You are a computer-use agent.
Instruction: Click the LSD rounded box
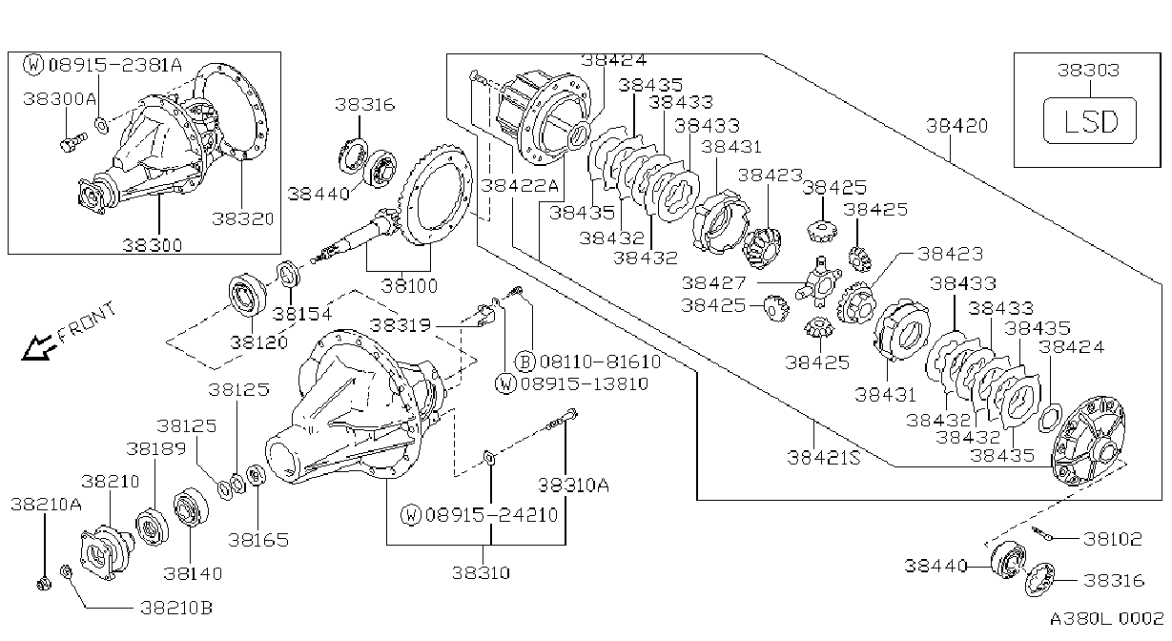1090,120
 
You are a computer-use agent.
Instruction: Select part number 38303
1088,71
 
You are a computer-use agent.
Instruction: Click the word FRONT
86,321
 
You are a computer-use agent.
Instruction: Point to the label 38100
409,286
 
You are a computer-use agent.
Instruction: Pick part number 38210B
176,608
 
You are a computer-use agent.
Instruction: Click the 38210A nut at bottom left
44,583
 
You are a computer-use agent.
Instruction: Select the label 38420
957,126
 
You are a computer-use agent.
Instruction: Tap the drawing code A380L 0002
1106,619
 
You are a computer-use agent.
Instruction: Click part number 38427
713,283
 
